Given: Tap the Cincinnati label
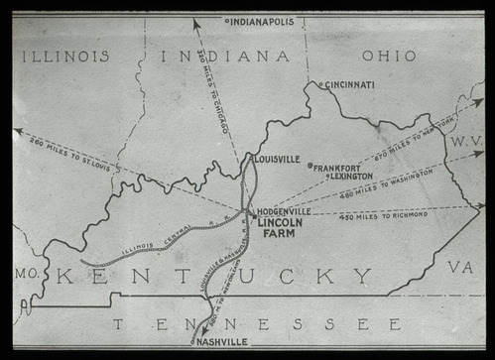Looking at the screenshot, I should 349,85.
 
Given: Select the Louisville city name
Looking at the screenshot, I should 278,159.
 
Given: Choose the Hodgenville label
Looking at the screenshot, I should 284,211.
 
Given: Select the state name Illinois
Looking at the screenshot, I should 66,57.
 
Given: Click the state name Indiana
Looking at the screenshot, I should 225,57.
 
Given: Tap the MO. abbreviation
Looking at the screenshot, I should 24,271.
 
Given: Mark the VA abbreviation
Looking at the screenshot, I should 459,267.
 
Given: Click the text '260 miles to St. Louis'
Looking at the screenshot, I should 71,152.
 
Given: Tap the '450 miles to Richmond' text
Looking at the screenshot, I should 383,213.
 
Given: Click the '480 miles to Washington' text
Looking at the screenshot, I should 387,183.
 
